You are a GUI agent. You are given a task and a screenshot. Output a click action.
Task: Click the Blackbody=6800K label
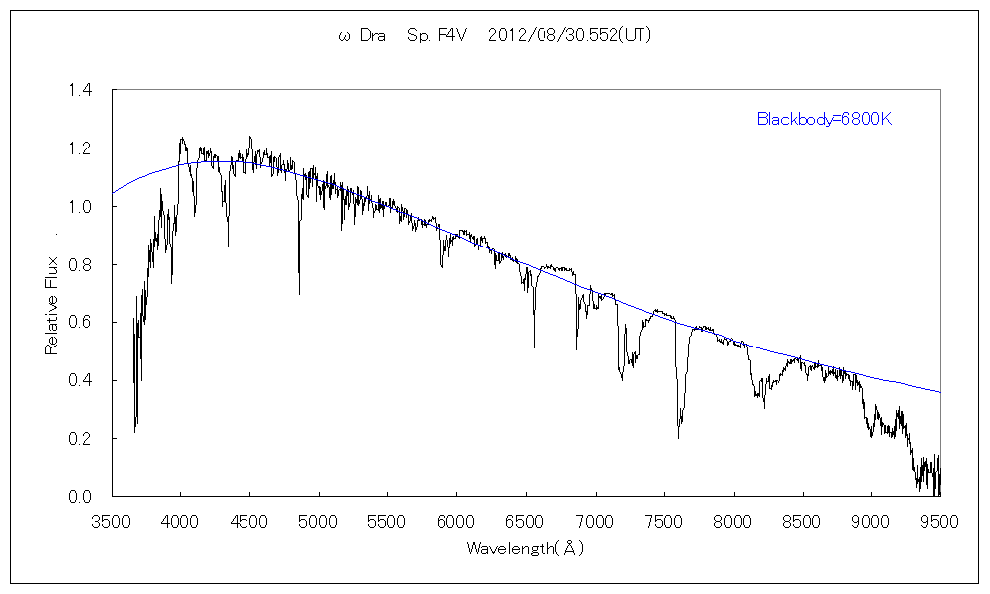[x=826, y=120]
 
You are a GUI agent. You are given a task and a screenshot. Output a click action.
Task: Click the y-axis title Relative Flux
[x=52, y=306]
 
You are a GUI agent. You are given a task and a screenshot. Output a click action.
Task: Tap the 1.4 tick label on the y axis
[x=80, y=91]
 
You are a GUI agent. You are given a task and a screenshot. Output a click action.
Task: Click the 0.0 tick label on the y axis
[x=80, y=496]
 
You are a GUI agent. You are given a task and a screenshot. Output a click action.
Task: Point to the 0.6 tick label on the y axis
[x=80, y=323]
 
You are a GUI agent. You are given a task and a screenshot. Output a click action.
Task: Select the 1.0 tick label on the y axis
[x=80, y=207]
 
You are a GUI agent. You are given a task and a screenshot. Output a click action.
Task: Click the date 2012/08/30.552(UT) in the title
[x=569, y=35]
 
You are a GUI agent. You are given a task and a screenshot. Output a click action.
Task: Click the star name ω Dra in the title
[x=361, y=35]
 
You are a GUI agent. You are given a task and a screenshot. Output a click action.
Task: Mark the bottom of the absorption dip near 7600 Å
[x=679, y=437]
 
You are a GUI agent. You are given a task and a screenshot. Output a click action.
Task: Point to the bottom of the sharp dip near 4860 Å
[x=299, y=293]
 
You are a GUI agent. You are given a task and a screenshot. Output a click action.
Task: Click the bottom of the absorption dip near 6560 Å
[x=534, y=346]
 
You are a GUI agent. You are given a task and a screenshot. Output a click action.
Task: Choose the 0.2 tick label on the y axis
[x=80, y=439]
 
